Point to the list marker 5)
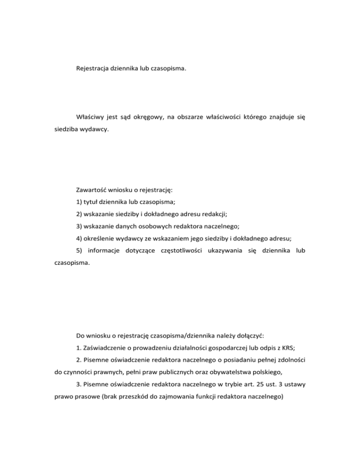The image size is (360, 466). pyautogui.click(x=79, y=251)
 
